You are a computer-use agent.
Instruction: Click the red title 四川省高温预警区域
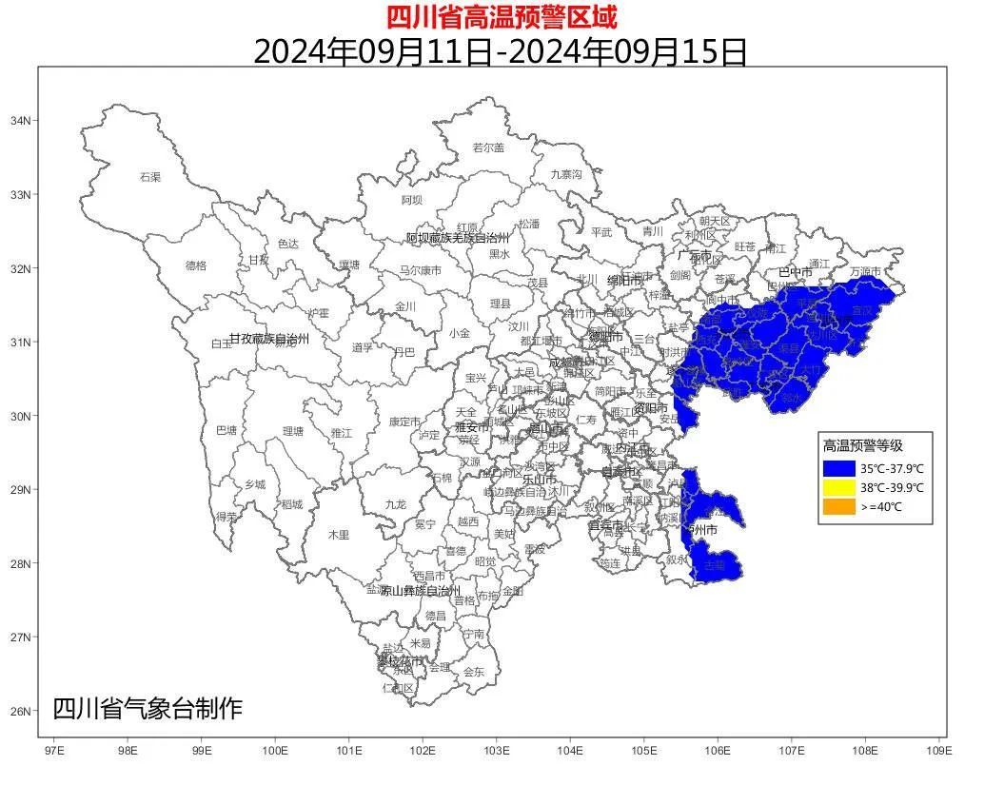(502, 16)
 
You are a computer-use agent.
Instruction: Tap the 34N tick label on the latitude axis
(21, 121)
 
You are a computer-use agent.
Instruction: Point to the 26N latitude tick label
(21, 711)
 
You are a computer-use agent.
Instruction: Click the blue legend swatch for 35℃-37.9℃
(839, 468)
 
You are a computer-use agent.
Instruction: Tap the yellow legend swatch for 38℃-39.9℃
(839, 487)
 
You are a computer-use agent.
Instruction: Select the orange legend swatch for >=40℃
(839, 506)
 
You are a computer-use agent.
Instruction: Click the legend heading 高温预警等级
(862, 445)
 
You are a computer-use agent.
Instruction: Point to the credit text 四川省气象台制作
(148, 709)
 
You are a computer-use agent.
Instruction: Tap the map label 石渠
(150, 177)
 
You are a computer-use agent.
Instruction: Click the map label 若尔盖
(488, 147)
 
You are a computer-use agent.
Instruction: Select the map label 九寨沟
(566, 174)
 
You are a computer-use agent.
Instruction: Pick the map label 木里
(339, 535)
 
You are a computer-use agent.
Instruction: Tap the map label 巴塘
(226, 430)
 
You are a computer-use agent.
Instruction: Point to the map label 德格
(195, 265)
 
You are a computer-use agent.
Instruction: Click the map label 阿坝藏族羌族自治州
(459, 238)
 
